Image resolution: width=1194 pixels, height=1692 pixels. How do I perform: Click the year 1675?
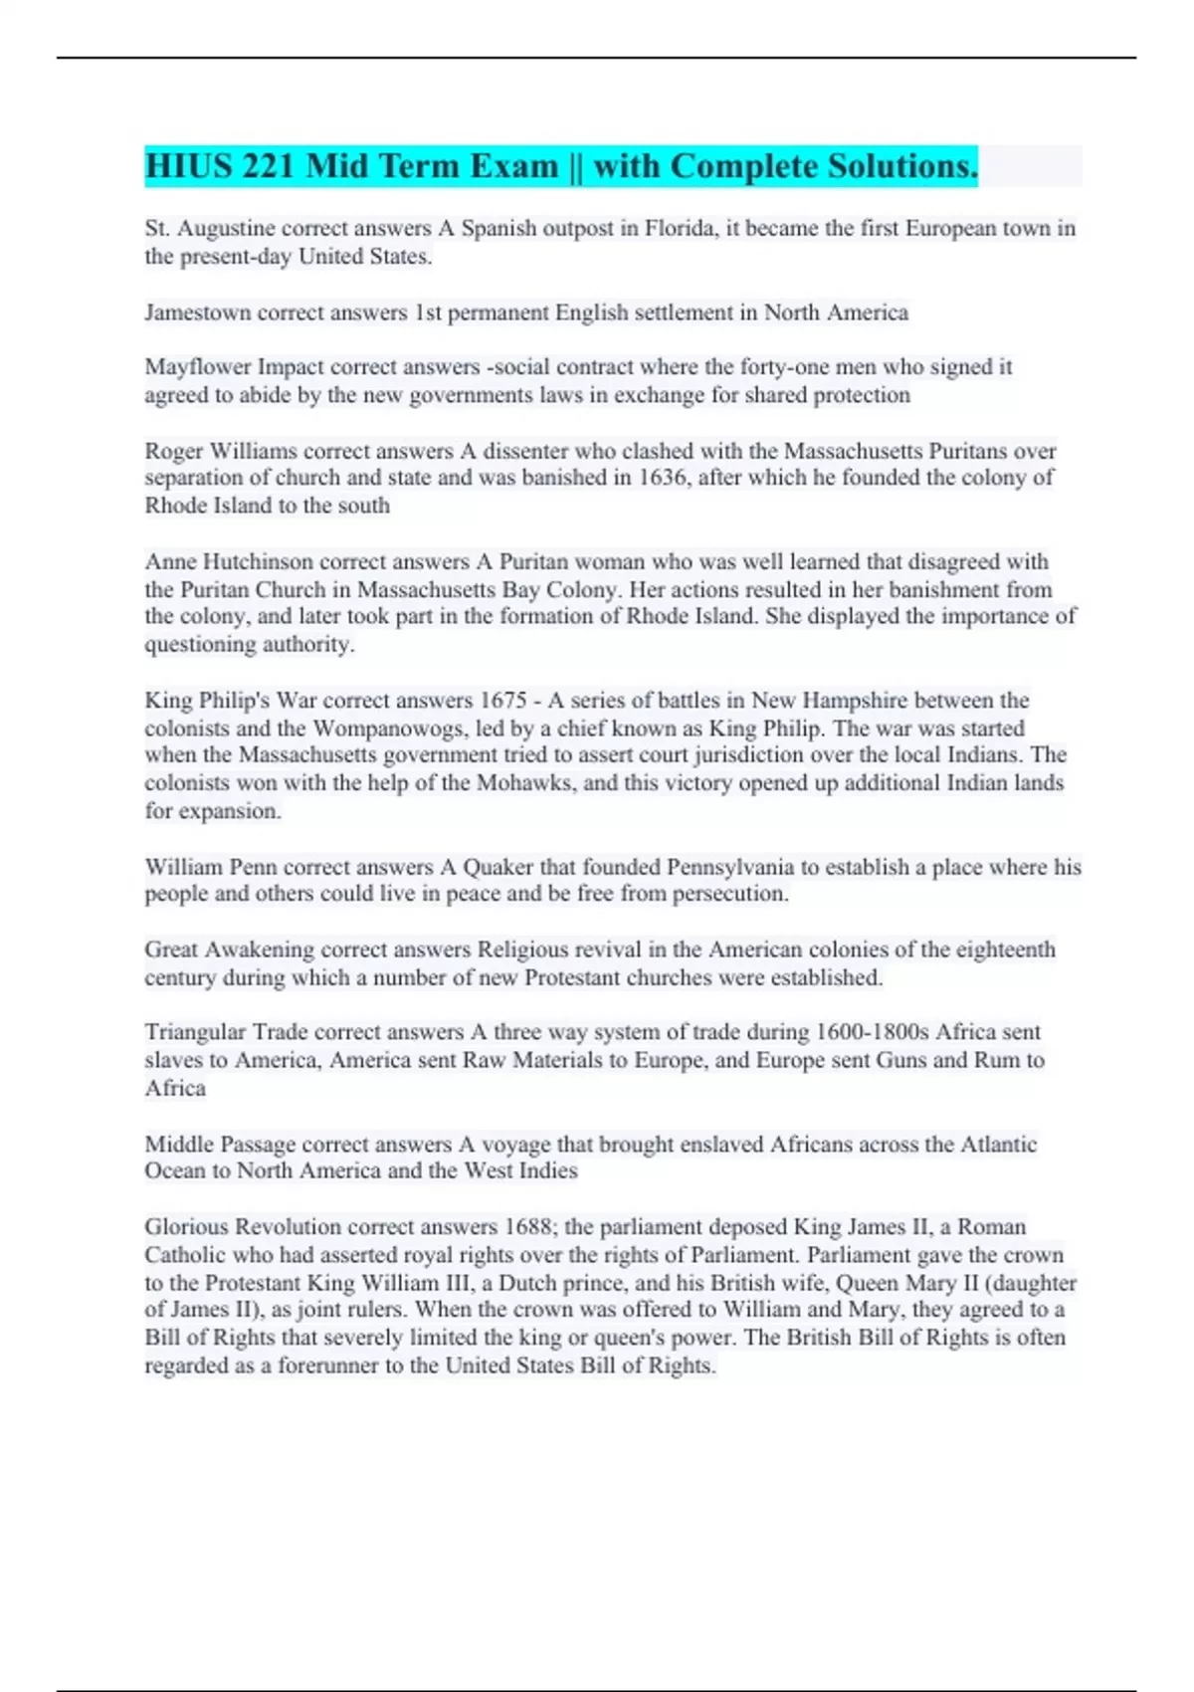(503, 701)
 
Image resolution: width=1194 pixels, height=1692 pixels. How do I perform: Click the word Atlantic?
(998, 1145)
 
